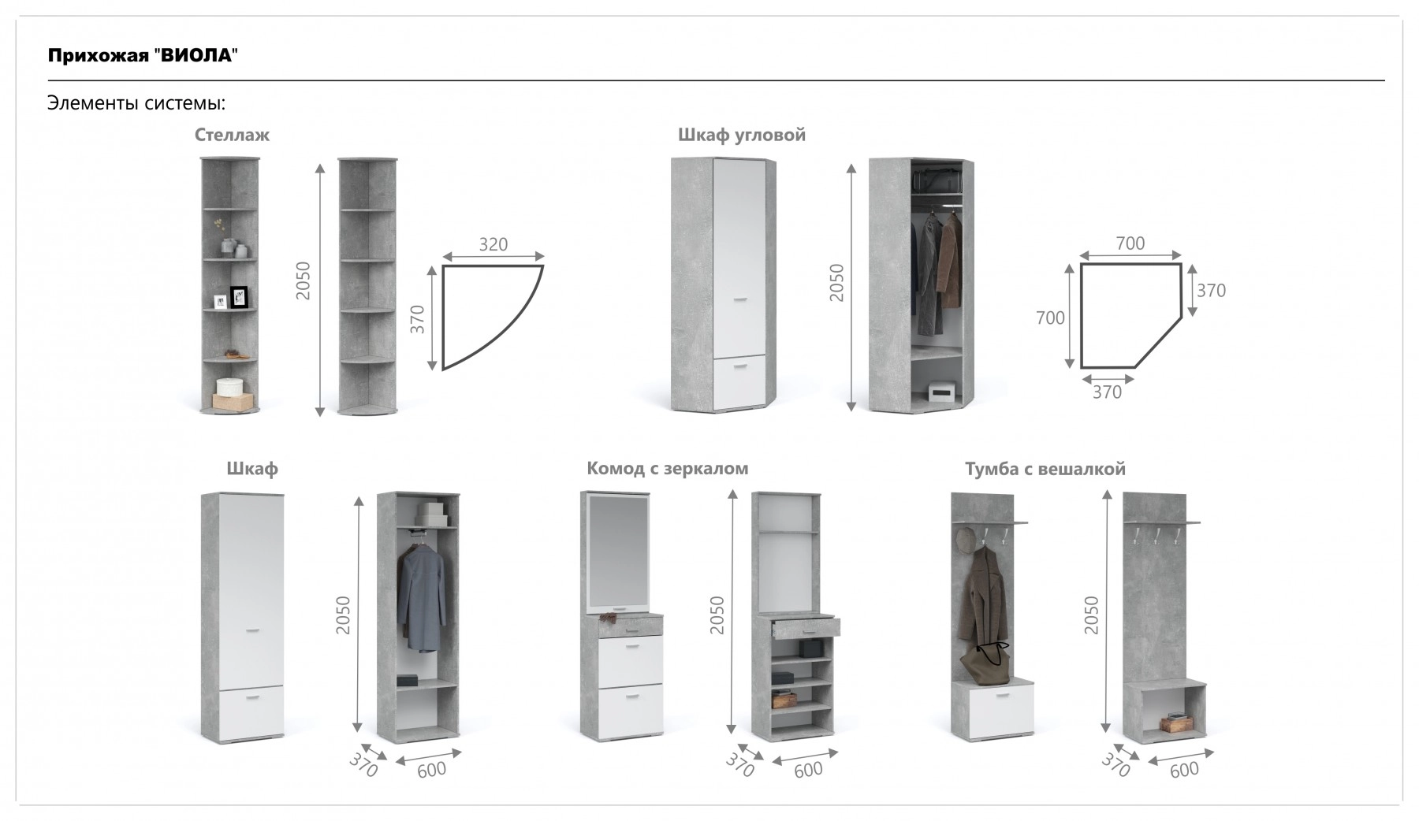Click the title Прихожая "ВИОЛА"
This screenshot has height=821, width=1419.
pos(143,55)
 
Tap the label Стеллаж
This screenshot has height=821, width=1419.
pos(232,135)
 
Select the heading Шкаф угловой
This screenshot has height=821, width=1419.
pos(742,135)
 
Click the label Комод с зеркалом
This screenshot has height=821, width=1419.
pos(667,469)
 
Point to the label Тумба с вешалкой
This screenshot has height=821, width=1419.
pos(1045,469)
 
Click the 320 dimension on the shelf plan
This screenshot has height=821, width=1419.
pos(493,244)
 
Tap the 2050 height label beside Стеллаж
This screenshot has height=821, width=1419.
pos(304,280)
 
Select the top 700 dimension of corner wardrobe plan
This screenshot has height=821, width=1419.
pos(1130,243)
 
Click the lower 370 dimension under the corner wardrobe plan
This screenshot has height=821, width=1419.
pos(1107,392)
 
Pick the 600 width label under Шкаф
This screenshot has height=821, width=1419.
pos(432,770)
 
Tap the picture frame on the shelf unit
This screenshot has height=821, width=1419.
pos(239,298)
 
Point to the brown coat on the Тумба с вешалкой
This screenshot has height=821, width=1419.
pos(981,593)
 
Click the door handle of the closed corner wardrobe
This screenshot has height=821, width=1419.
pos(739,299)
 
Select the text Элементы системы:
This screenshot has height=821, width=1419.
pos(136,103)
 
